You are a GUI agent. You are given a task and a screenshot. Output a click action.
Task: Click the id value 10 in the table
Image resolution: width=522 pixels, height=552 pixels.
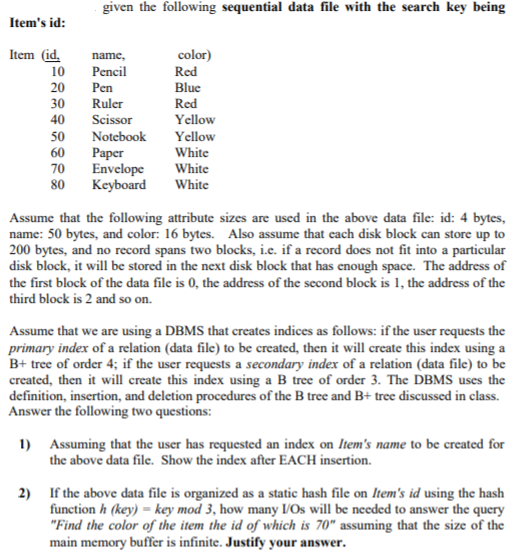[58, 72]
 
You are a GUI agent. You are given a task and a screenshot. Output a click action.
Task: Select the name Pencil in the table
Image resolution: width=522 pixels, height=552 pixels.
[109, 72]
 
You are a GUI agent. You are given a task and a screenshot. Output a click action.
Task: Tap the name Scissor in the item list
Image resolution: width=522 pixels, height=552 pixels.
[111, 120]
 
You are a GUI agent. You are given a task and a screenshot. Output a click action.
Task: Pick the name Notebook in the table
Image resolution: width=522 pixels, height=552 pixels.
[118, 137]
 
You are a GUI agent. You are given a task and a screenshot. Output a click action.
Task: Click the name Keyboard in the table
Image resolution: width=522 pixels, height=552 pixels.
[118, 185]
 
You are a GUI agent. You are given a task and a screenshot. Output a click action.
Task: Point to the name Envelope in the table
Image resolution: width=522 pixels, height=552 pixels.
[117, 169]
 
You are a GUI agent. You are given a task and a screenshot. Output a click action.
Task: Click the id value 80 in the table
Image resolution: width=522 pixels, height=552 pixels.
[58, 185]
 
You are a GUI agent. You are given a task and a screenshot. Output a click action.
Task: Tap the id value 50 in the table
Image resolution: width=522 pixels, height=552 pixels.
[58, 137]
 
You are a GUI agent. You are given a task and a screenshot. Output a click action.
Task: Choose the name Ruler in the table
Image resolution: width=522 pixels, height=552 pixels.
[107, 104]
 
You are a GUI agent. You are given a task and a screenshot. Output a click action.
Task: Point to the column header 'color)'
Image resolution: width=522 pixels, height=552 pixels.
[192, 56]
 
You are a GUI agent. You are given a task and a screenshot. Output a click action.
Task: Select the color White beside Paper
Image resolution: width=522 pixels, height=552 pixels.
[191, 153]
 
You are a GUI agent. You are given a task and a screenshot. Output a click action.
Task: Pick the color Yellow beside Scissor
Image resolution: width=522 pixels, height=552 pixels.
[194, 120]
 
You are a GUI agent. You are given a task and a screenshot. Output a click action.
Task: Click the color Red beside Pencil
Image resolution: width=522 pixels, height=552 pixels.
[186, 72]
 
